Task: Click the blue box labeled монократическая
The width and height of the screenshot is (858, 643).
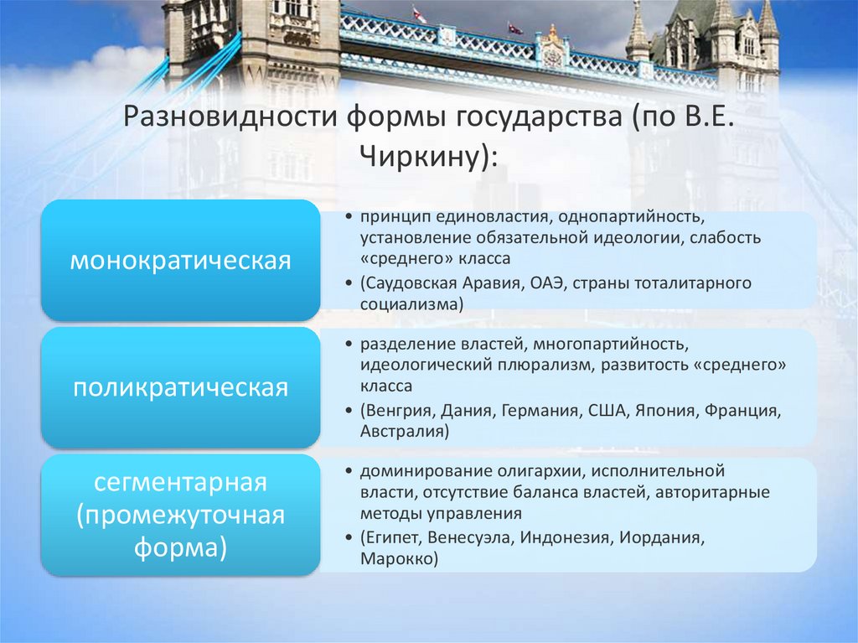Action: (180, 261)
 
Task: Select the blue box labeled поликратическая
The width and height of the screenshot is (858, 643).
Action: (180, 388)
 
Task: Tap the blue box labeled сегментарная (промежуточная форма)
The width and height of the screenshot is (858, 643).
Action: (180, 516)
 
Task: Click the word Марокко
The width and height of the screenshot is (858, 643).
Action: (398, 558)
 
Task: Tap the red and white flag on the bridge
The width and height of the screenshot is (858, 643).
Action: (419, 15)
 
